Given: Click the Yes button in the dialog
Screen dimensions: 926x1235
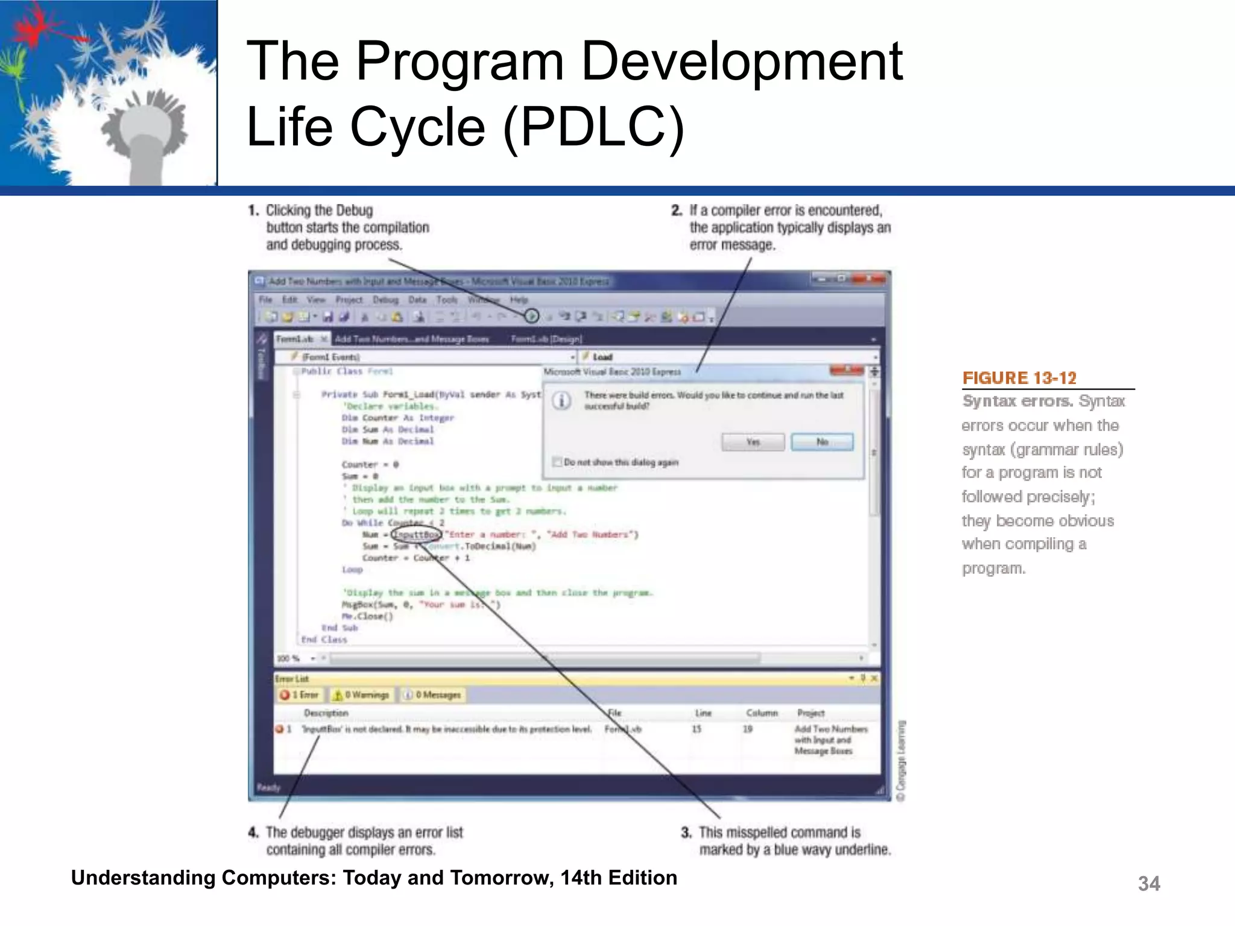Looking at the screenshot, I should pos(753,442).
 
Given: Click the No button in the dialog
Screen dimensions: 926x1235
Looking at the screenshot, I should pos(822,442).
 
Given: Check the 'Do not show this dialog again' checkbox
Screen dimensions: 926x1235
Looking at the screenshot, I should pos(557,462).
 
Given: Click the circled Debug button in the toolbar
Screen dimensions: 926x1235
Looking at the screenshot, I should pos(531,315).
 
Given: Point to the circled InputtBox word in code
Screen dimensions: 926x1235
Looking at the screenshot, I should pos(416,534).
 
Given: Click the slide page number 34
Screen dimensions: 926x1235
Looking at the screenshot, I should pos(1148,884).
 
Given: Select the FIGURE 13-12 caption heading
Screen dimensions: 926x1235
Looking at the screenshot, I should pos(1019,378).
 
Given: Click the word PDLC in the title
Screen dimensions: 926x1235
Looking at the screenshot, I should pos(593,127).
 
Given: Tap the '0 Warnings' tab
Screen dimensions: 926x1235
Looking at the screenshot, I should pos(361,695).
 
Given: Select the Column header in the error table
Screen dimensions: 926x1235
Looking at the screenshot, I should pos(762,713).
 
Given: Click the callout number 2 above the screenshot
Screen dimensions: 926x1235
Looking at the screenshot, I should pos(677,210).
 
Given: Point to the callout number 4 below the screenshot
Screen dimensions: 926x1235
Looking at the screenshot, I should pos(253,833).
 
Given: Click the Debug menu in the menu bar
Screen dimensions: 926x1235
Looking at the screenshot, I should pos(385,300).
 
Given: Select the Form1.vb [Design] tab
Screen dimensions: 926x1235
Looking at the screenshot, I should pos(546,339).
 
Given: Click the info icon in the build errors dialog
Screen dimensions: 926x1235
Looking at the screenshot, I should pos(562,400).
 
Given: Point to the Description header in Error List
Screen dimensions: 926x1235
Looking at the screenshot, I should pos(326,713).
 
